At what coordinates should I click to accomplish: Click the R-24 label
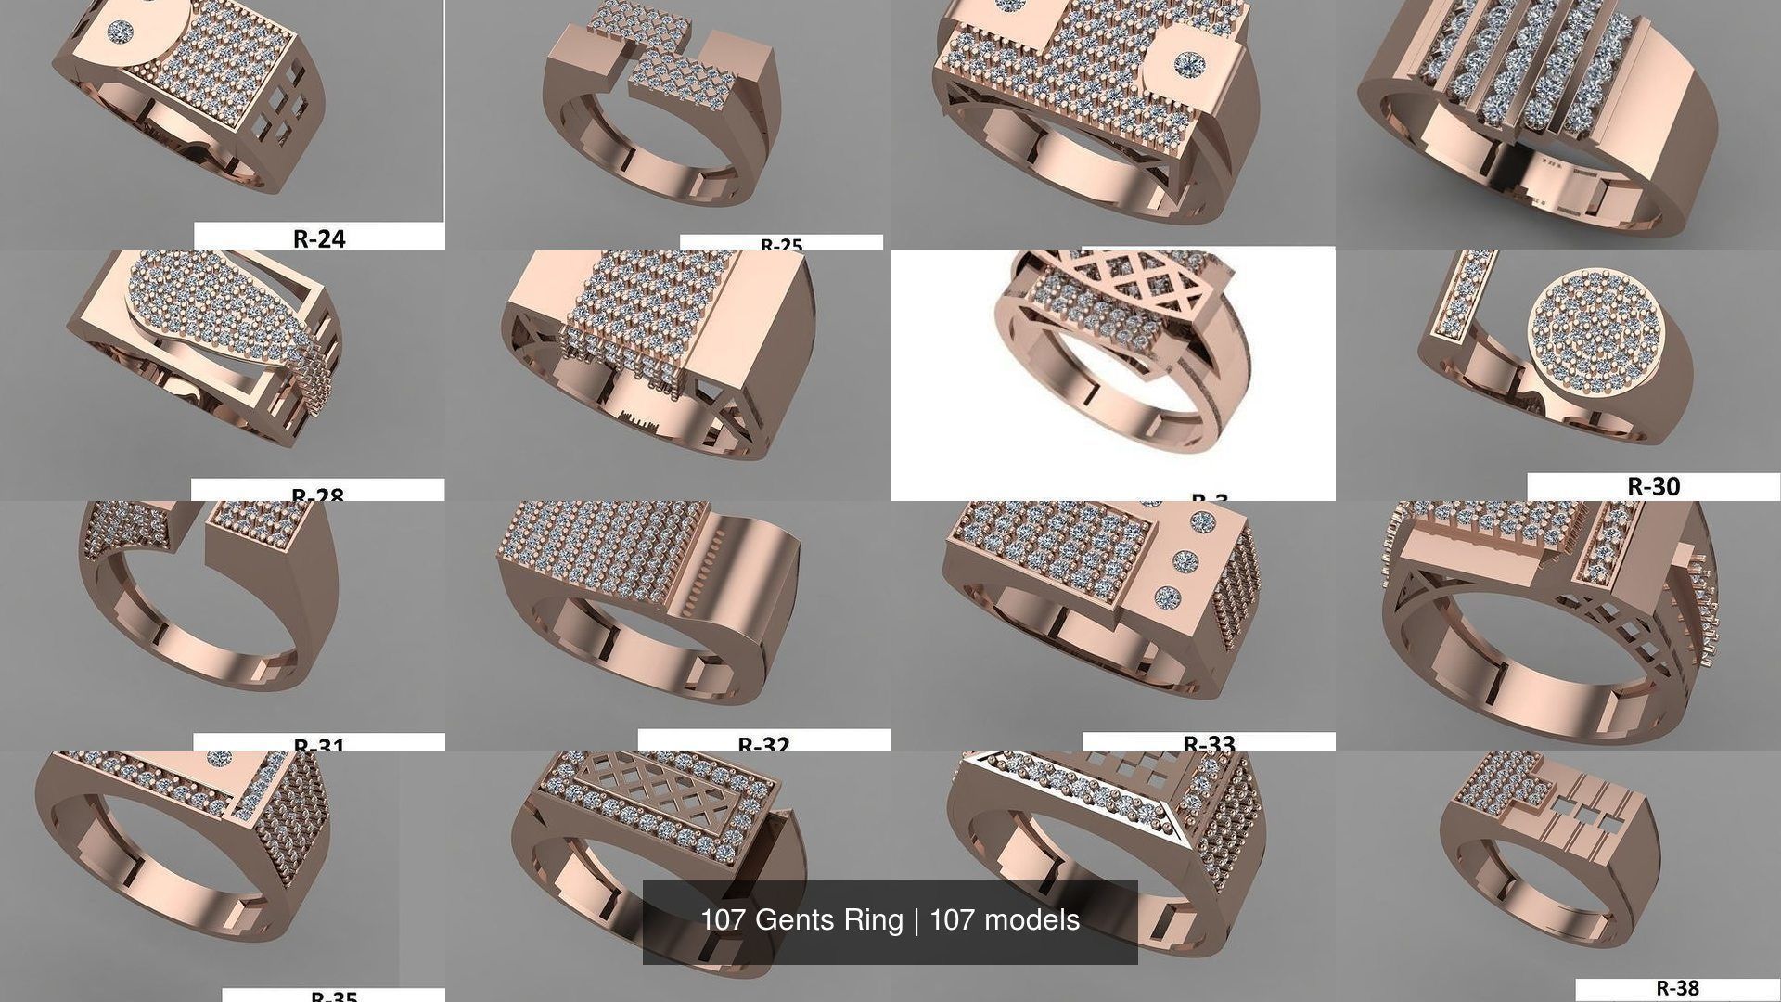tap(318, 238)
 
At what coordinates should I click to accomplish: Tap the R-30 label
tap(1653, 486)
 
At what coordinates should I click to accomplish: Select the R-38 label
tap(1677, 989)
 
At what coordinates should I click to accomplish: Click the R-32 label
tap(763, 744)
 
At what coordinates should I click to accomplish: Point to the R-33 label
tap(1209, 743)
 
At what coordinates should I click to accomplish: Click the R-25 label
tap(781, 245)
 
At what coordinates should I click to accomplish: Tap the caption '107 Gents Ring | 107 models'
tap(890, 920)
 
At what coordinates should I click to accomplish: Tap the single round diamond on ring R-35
tap(220, 759)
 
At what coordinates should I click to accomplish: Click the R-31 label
tap(318, 745)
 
